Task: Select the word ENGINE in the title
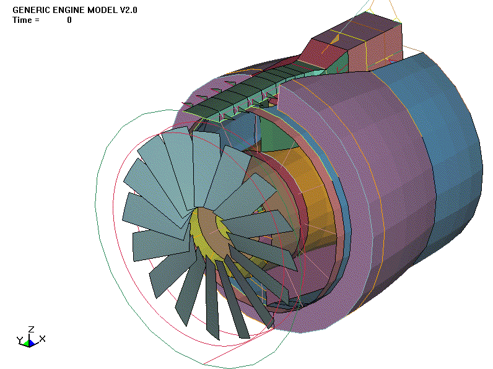[68, 10]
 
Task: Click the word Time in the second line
[22, 20]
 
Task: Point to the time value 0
[69, 20]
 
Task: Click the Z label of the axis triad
[30, 329]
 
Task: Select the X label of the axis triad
[42, 339]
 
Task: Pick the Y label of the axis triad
[19, 340]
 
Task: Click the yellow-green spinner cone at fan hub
[204, 232]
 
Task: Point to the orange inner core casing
[297, 186]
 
